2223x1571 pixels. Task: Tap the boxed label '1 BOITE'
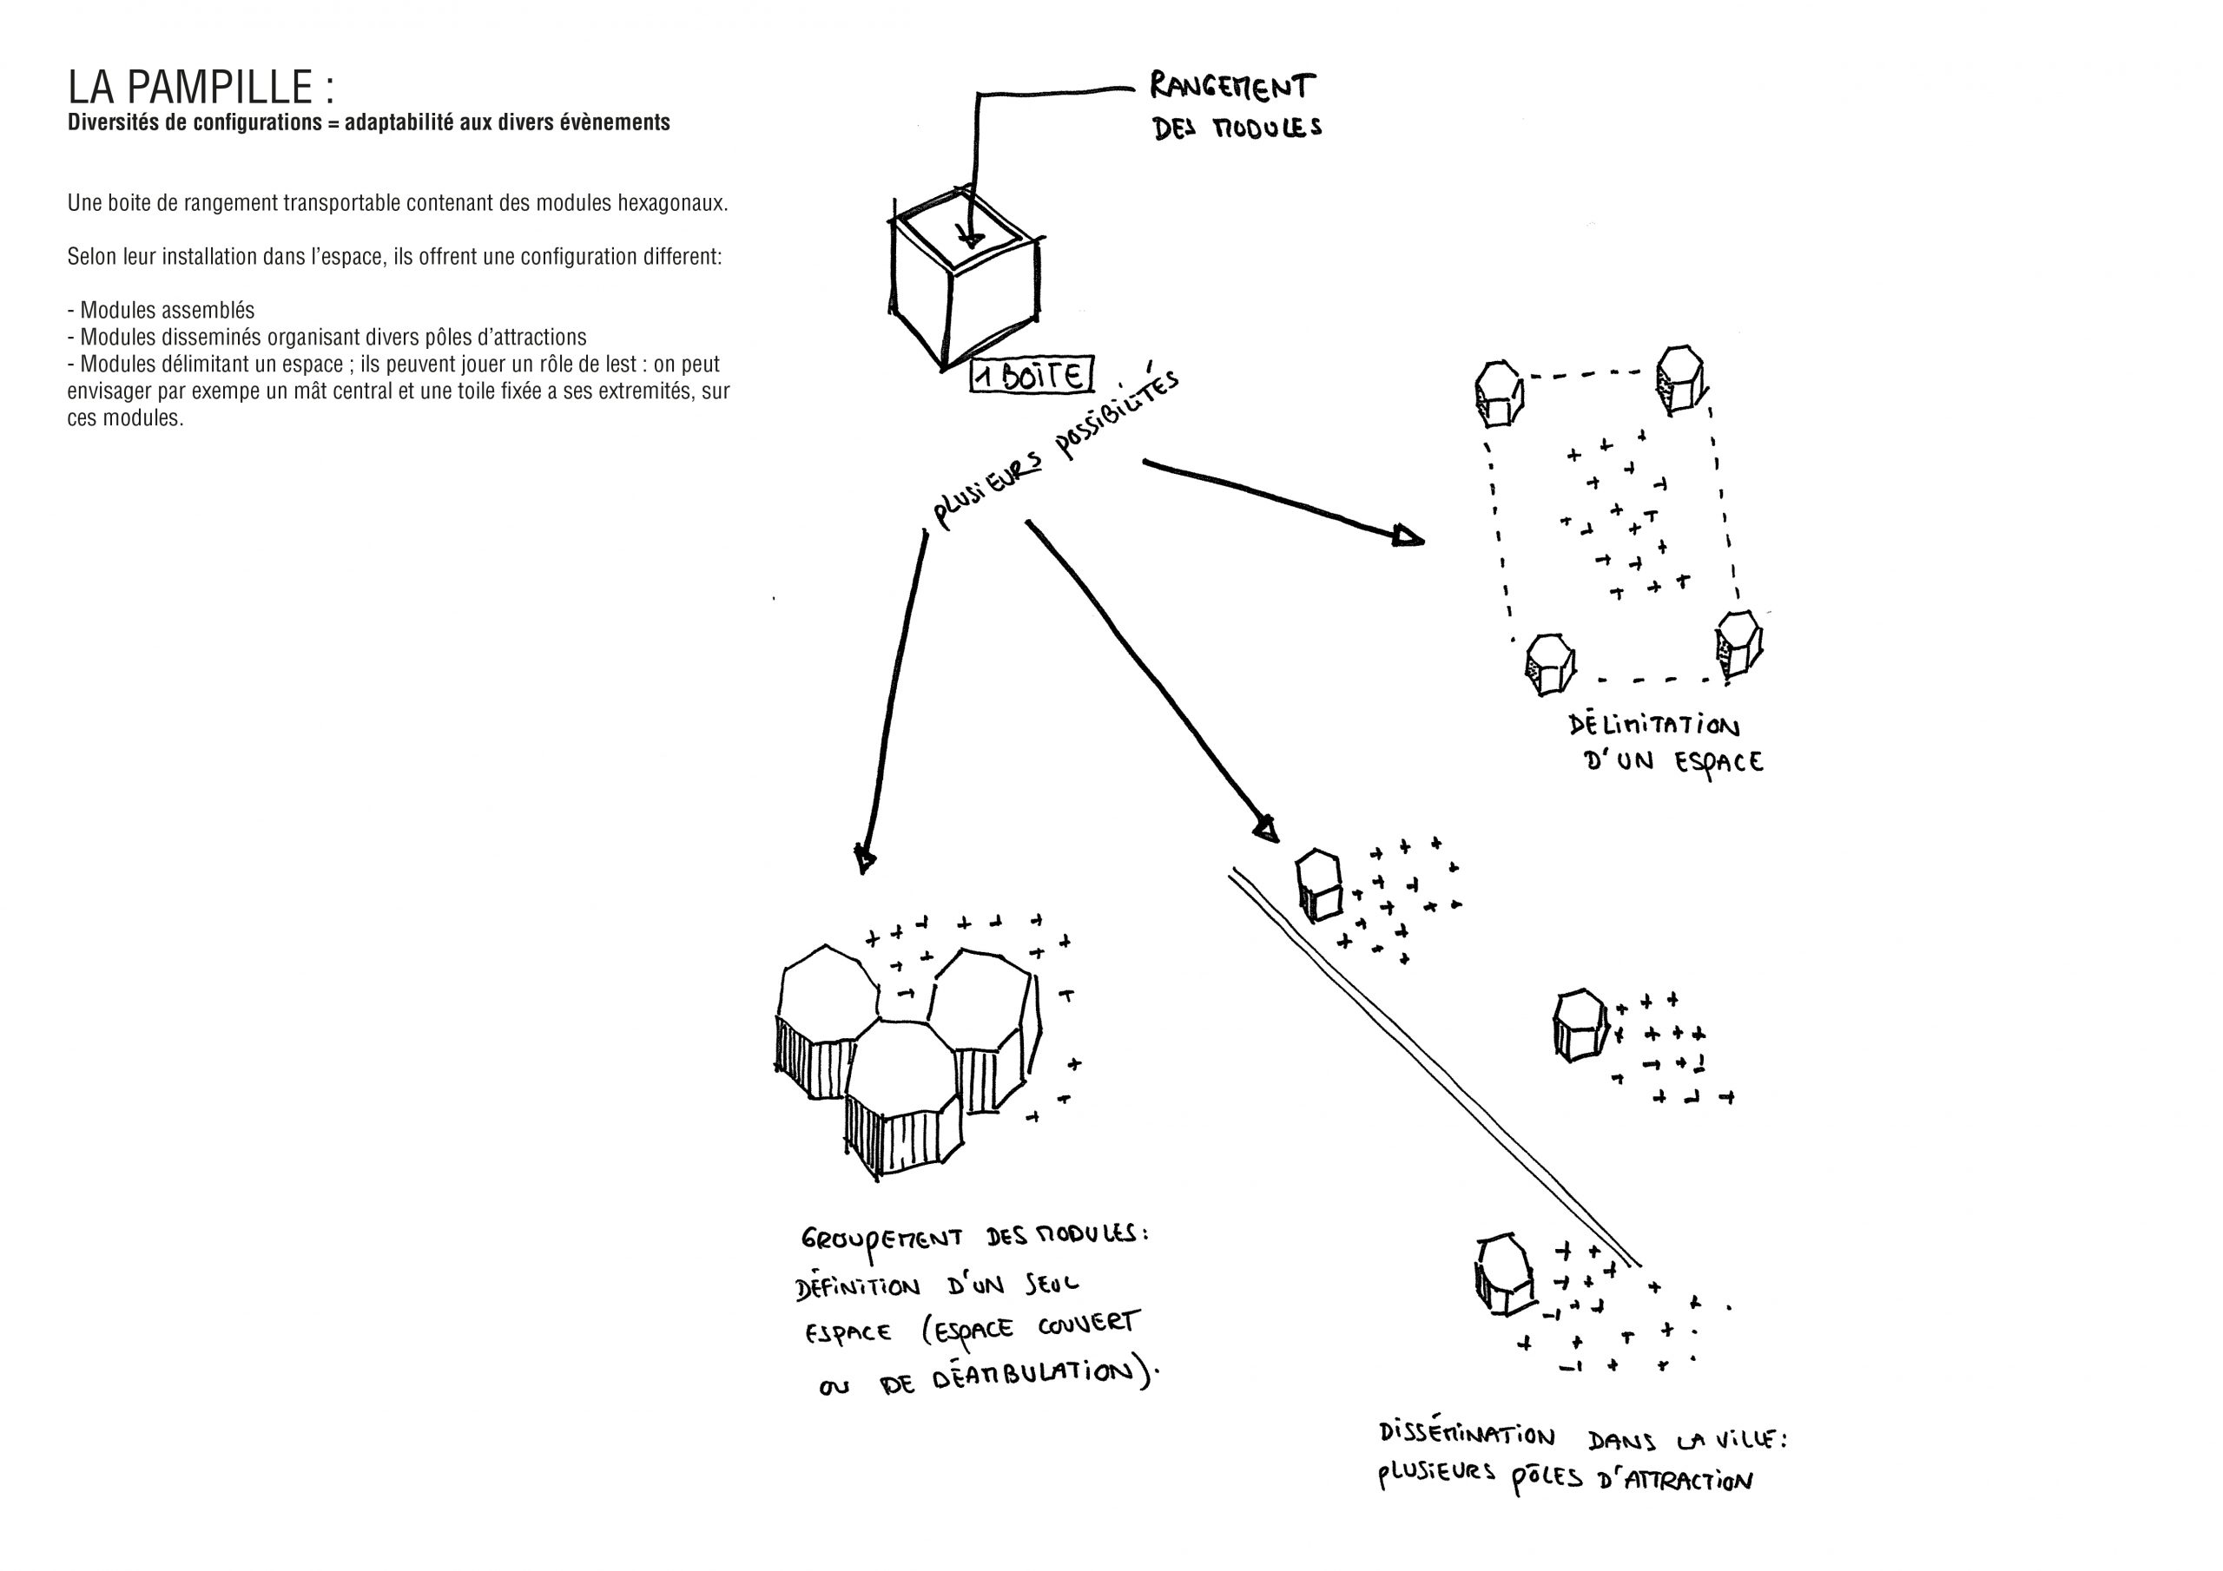click(x=1030, y=376)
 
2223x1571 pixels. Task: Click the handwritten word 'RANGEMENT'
click(x=1232, y=88)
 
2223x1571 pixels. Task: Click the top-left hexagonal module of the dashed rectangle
click(x=1498, y=393)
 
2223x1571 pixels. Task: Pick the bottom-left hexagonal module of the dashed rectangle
click(x=1550, y=664)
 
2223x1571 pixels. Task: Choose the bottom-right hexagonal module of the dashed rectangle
click(x=1739, y=644)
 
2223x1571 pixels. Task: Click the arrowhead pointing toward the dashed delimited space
click(x=1408, y=536)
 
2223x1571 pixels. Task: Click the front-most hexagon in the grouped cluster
click(x=903, y=1094)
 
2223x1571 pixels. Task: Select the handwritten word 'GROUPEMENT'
click(x=881, y=1242)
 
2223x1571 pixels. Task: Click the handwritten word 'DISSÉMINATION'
click(x=1466, y=1435)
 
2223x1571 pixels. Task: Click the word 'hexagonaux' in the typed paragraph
click(x=673, y=203)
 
